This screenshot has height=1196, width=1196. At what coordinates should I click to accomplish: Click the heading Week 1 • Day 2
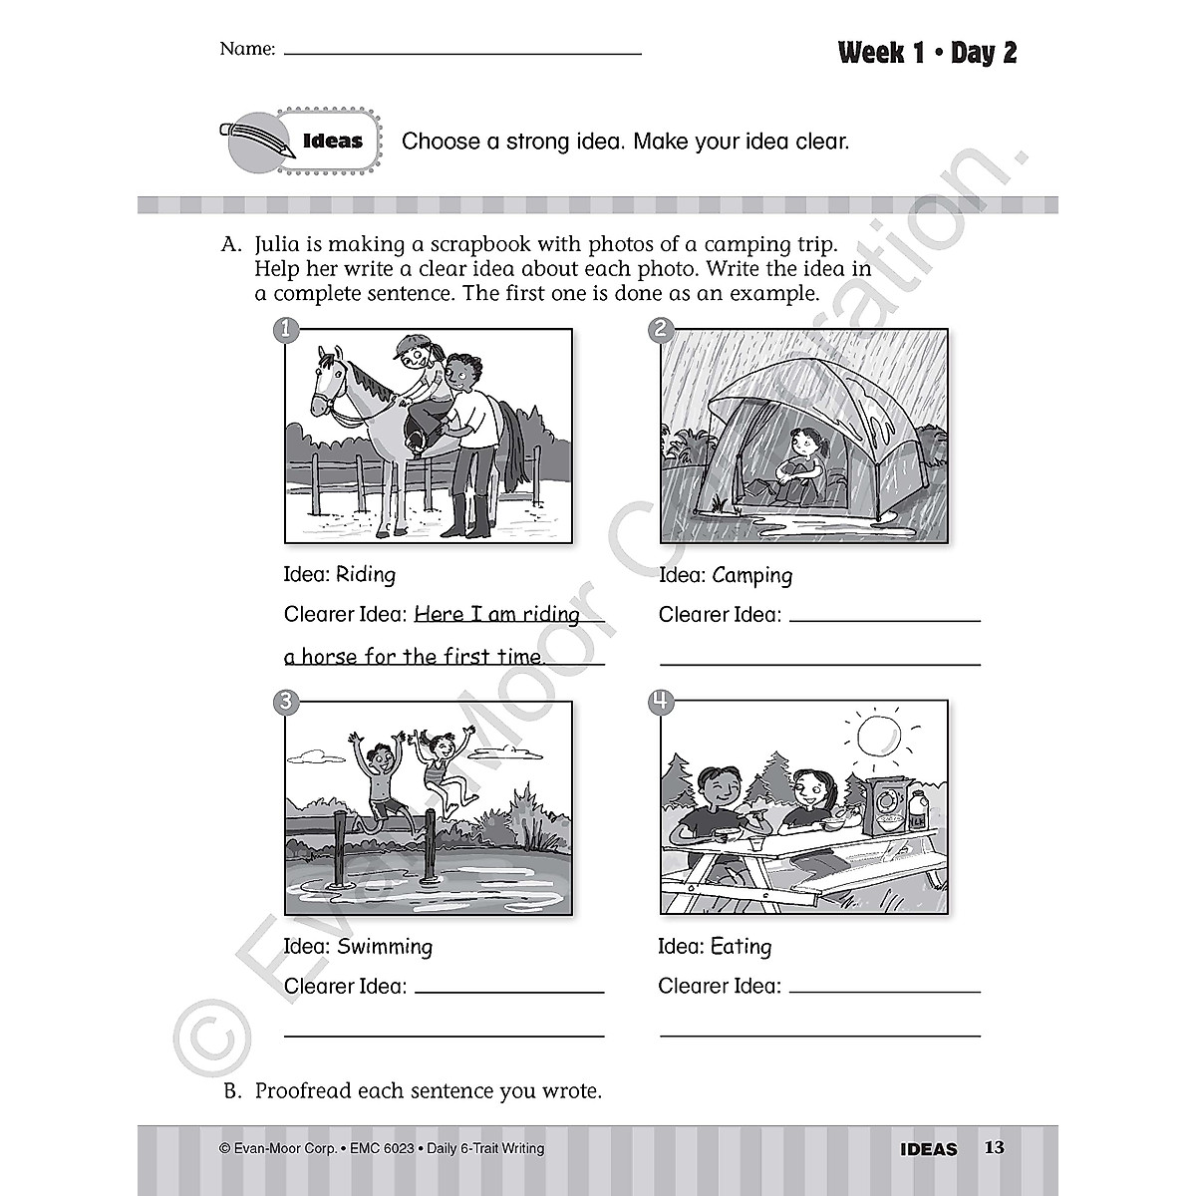[x=927, y=53]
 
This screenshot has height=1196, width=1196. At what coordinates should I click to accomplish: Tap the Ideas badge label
[x=332, y=141]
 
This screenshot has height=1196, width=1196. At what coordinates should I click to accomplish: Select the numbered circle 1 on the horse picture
[x=285, y=330]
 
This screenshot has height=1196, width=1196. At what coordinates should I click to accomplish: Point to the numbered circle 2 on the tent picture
[x=661, y=330]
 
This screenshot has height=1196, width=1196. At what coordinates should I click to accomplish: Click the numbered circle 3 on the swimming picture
[x=285, y=702]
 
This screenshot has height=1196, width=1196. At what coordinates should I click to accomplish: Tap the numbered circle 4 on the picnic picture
[x=661, y=702]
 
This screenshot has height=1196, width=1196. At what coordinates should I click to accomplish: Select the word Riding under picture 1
[x=365, y=575]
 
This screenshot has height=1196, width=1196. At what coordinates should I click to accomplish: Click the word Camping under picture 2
[x=752, y=575]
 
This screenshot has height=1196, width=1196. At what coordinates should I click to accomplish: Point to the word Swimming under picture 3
[x=384, y=947]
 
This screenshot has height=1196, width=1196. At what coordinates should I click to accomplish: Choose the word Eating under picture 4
[x=741, y=947]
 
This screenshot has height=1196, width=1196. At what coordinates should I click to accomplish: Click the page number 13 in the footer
[x=994, y=1147]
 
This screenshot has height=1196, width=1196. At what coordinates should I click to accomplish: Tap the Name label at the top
[x=246, y=49]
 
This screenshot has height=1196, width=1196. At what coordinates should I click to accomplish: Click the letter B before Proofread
[x=231, y=1091]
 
